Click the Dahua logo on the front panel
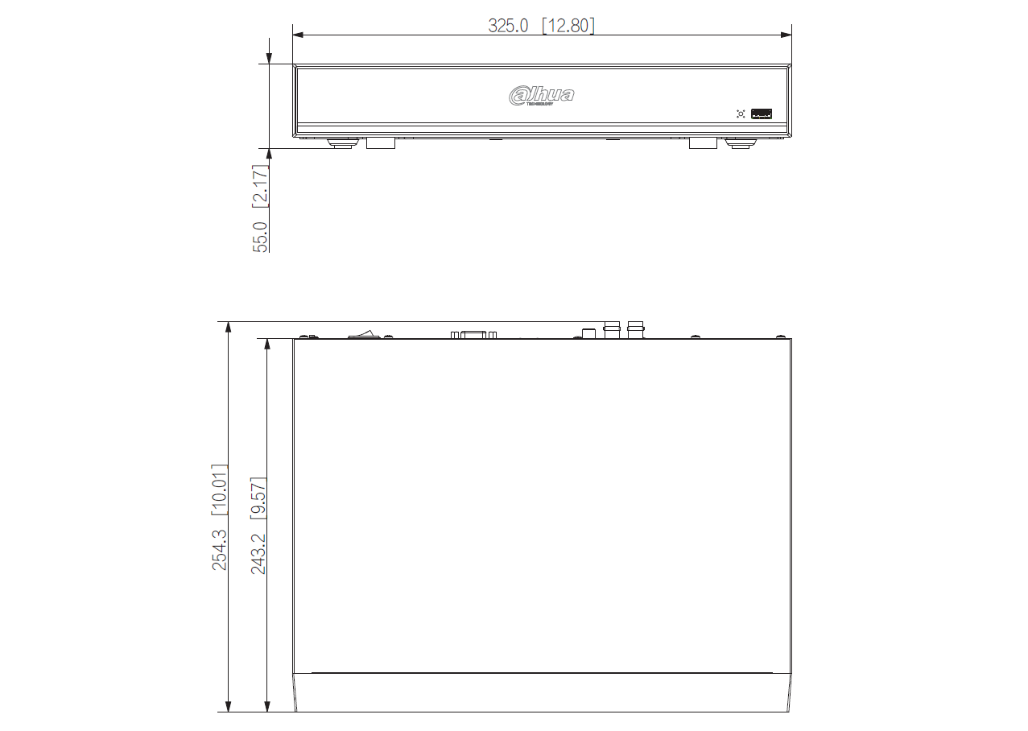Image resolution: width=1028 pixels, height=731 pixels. pos(542,96)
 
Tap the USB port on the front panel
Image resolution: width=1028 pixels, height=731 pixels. pos(762,114)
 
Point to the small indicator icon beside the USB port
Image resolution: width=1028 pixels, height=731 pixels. pos(741,114)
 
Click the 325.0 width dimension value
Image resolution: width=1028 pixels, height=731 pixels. pos(508,26)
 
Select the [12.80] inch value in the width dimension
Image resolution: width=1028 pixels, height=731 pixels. pos(568,26)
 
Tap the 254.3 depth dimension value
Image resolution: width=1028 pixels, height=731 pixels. pos(219,550)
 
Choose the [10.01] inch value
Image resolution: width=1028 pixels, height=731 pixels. pos(219,489)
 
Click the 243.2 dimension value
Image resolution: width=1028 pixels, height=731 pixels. pos(258,552)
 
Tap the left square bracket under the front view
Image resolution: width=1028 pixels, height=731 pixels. pos(381,143)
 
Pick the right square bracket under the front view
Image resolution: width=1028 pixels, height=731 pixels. pos(702,143)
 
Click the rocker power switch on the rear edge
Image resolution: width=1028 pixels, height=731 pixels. pos(365,333)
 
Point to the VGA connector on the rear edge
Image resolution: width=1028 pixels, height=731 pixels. pos(474,334)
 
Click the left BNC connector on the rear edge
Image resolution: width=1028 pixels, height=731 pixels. pos(612,329)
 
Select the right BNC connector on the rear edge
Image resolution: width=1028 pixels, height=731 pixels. pos(635,329)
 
